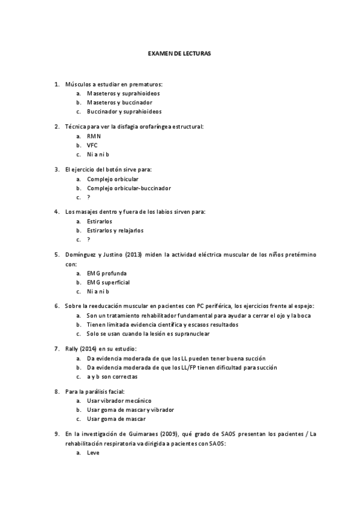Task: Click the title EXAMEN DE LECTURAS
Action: click(179, 53)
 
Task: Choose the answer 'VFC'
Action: click(92, 145)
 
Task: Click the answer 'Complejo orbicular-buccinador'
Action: click(128, 188)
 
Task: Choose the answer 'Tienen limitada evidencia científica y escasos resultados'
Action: click(162, 325)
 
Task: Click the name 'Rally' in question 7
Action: click(72, 349)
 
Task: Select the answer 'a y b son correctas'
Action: click(112, 377)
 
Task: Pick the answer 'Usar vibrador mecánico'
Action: click(119, 400)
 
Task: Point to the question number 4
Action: click(56, 212)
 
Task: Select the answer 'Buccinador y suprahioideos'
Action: click(124, 112)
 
